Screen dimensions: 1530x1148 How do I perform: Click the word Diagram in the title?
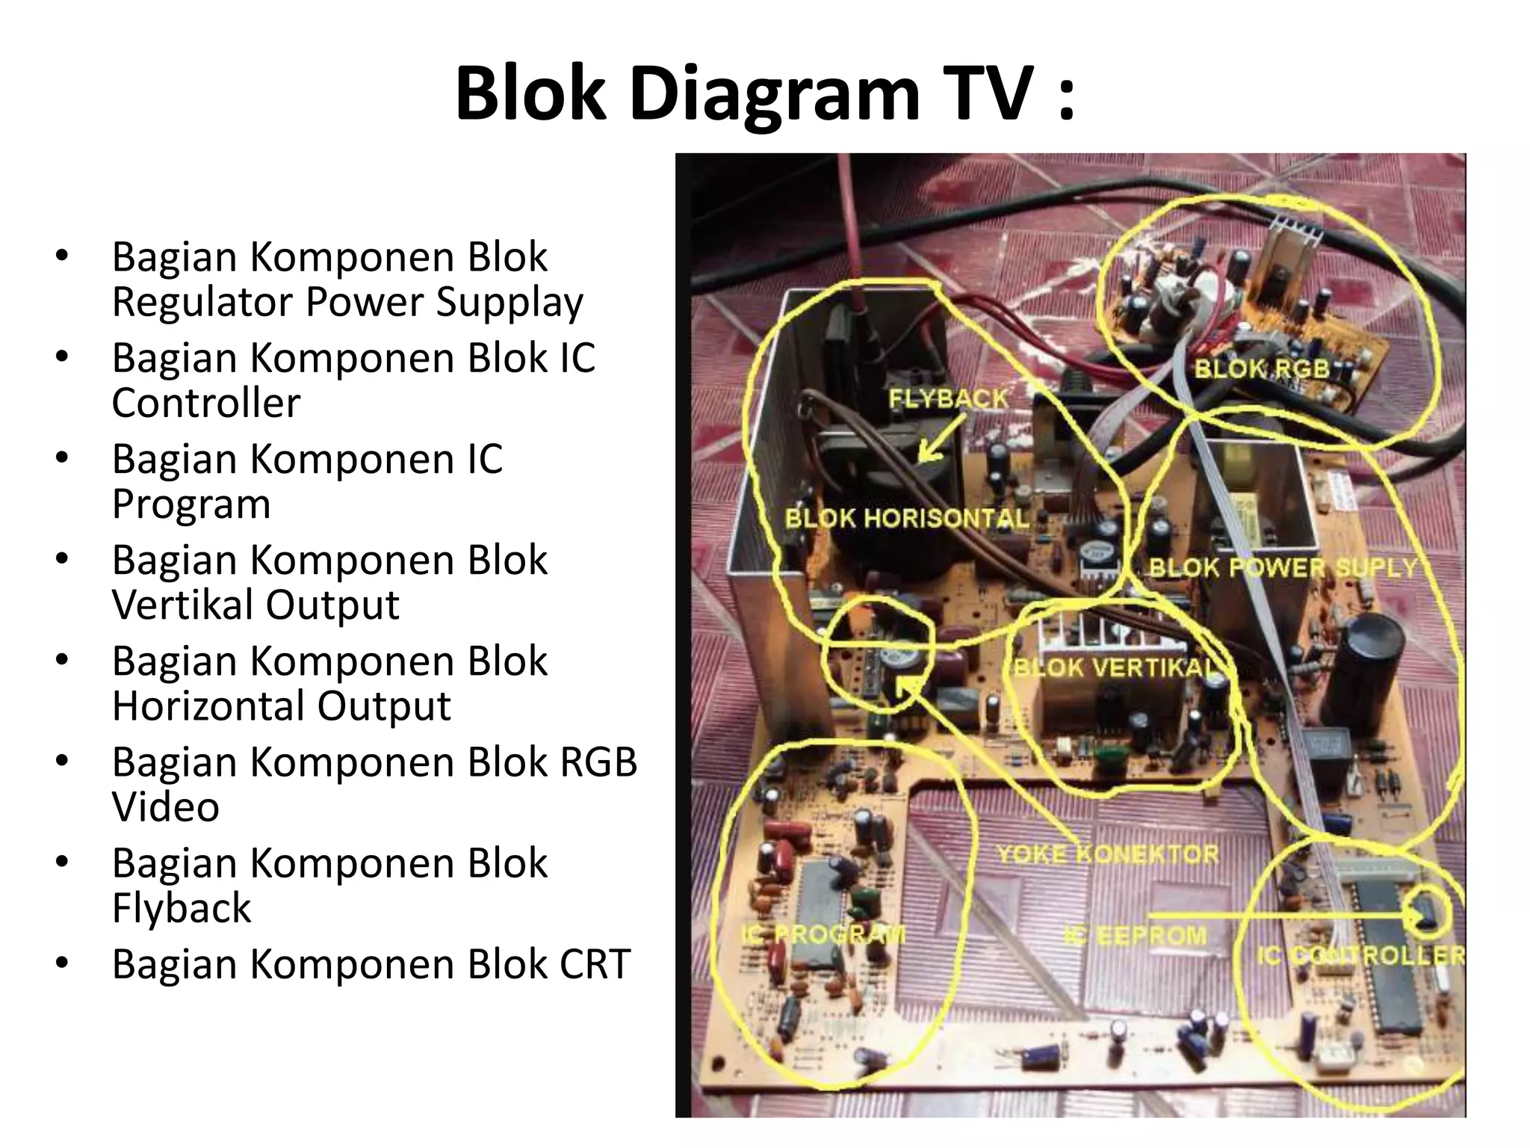tap(774, 93)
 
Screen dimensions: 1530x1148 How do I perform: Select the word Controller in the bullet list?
tap(206, 404)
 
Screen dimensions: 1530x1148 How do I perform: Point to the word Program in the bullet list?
tap(191, 506)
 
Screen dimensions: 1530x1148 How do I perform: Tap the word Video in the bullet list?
tap(166, 807)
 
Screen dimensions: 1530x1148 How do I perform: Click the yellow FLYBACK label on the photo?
tap(948, 399)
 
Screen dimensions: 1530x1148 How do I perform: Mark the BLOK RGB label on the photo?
tap(1262, 368)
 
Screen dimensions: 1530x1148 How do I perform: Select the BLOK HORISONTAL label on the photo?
tap(906, 519)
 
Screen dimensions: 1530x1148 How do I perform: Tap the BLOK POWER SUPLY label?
tap(1282, 568)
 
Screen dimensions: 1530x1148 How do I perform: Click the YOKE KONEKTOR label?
tap(1108, 854)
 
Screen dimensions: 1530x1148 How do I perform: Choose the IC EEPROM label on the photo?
tap(1136, 935)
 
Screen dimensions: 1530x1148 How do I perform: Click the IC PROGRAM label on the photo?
tap(823, 934)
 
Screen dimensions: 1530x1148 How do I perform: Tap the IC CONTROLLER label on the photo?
tap(1361, 955)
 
